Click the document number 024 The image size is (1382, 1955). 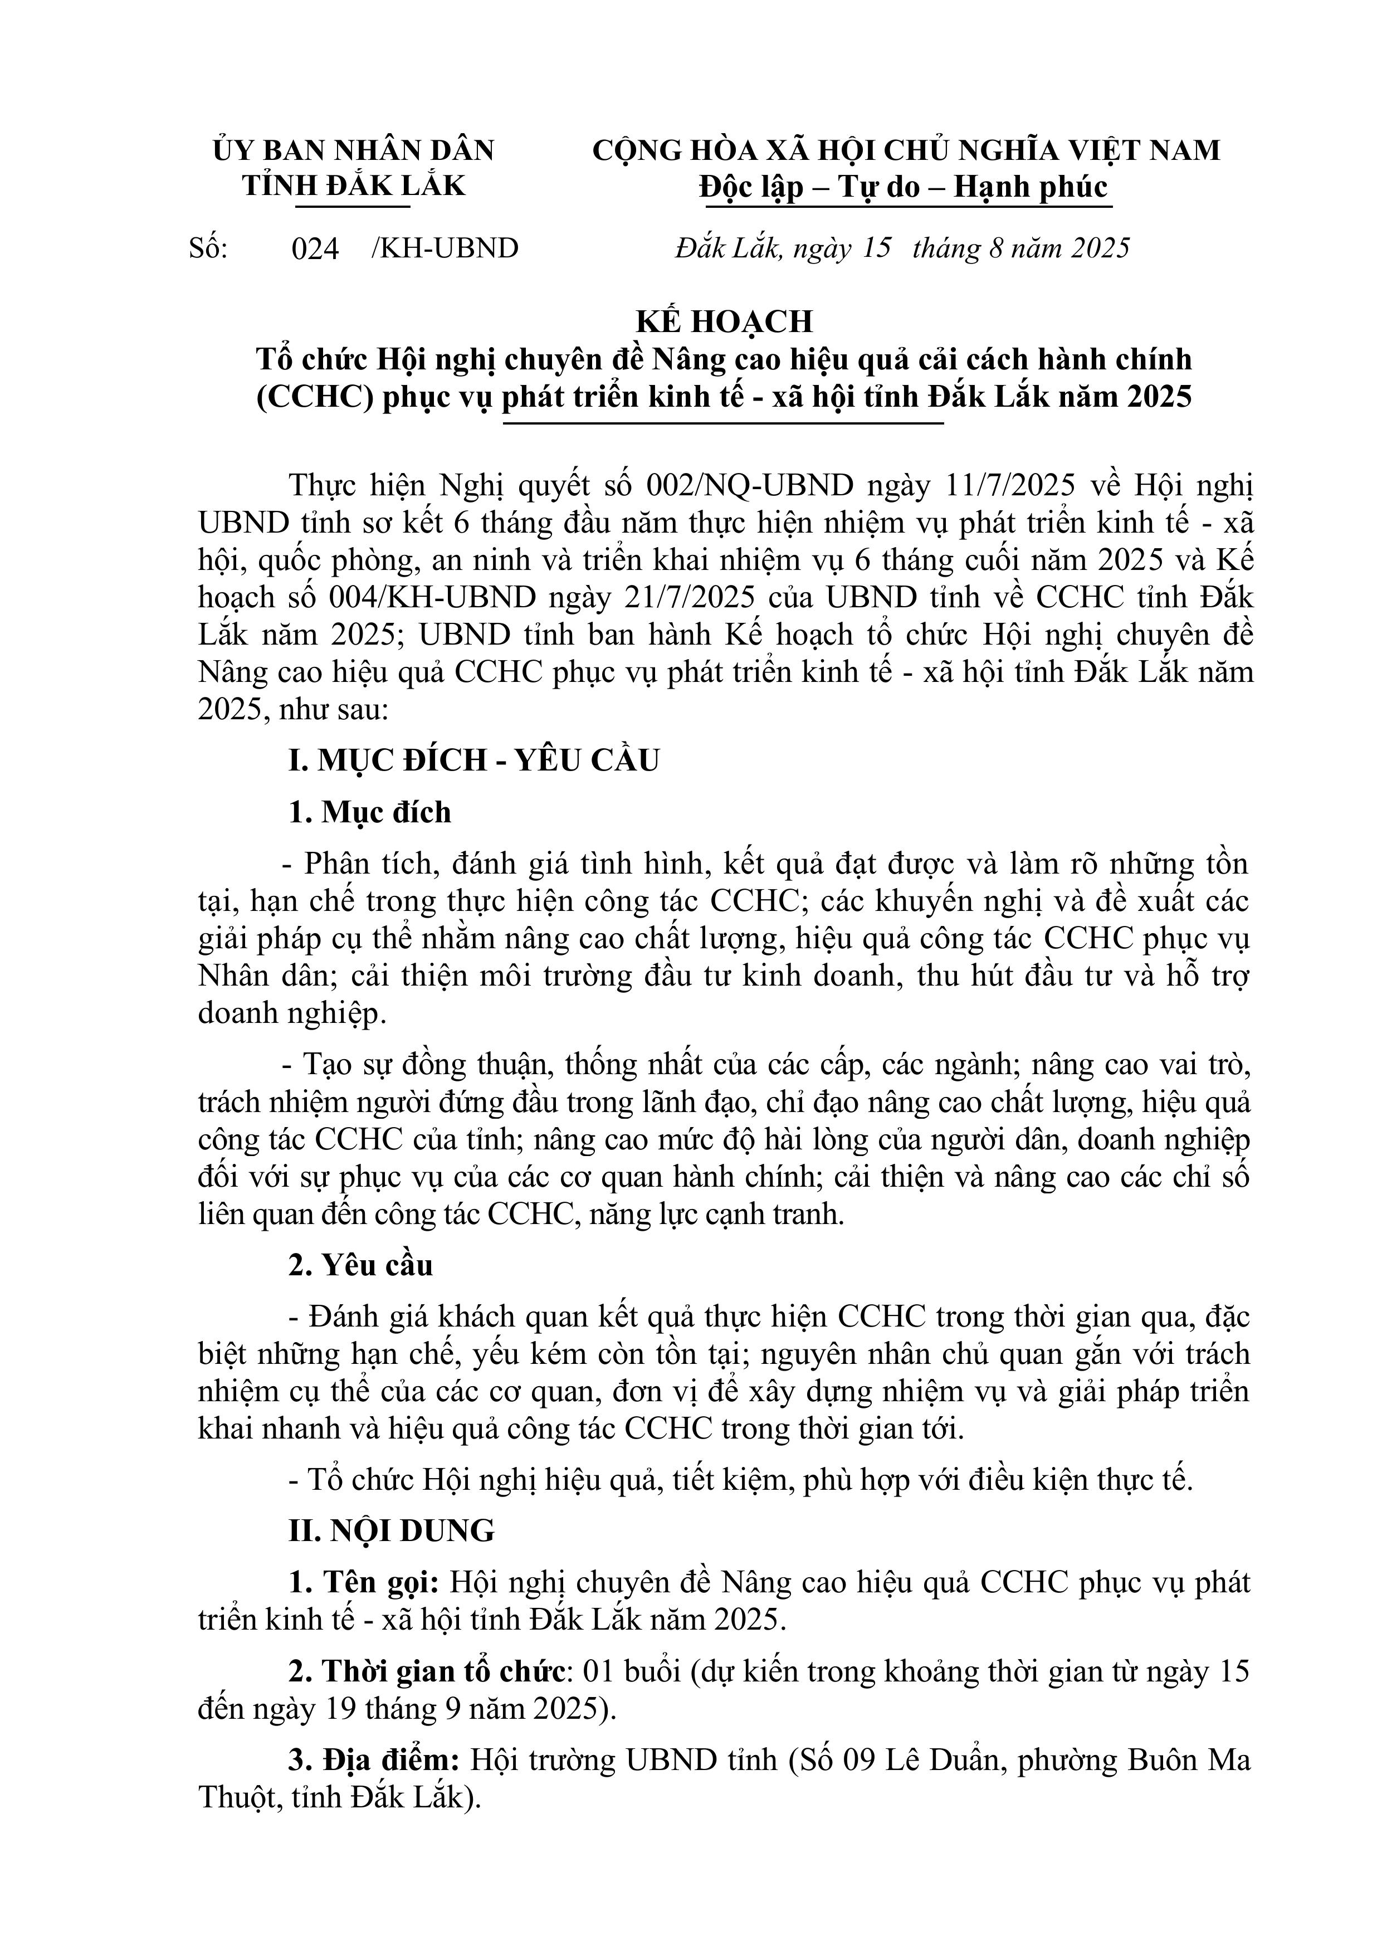coord(315,248)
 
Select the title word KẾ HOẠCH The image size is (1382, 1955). coord(725,321)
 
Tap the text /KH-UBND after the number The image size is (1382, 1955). coord(445,248)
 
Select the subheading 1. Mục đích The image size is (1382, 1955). coord(369,812)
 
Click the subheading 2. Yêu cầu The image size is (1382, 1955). coord(360,1265)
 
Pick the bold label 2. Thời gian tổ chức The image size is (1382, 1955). coord(427,1673)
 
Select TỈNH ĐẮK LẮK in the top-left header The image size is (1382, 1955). coord(353,186)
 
